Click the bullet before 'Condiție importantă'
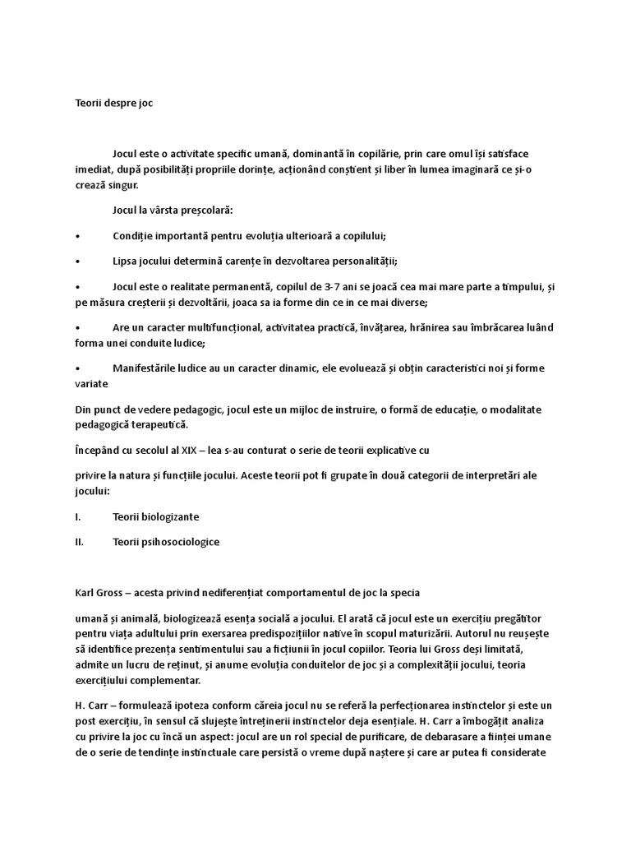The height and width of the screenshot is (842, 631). (x=76, y=235)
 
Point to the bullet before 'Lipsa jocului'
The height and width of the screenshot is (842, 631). (x=76, y=261)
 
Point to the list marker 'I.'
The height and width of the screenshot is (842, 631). (x=77, y=516)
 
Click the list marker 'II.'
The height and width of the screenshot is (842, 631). (x=79, y=543)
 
